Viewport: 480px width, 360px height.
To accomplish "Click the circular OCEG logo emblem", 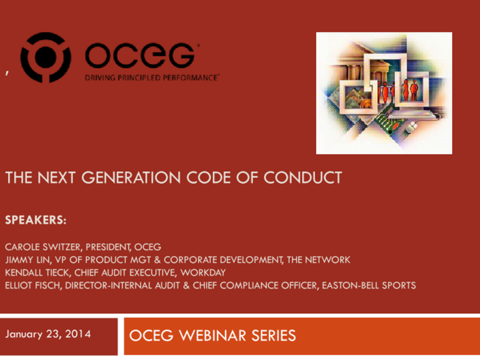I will (46, 58).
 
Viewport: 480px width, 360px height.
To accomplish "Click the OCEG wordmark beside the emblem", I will (139, 55).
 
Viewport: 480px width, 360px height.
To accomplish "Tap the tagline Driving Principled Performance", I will (152, 77).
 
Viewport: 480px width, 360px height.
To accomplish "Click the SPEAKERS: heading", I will (36, 221).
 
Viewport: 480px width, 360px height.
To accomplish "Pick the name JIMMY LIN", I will (24, 260).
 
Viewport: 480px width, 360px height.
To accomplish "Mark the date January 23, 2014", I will (48, 334).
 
